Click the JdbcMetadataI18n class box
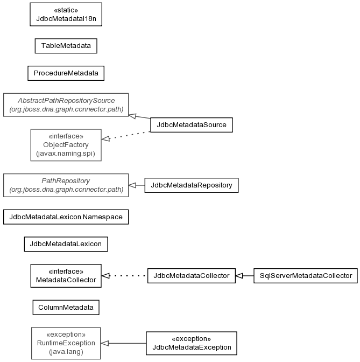(66, 15)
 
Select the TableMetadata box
(66, 46)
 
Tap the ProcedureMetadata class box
(66, 73)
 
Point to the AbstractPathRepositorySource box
(66, 105)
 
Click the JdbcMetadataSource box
(192, 125)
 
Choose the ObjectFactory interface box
(66, 145)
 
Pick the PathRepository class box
(66, 185)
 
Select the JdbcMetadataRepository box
(192, 185)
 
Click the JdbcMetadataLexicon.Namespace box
(66, 217)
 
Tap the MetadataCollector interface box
(66, 276)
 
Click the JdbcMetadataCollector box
(192, 276)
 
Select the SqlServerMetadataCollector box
(306, 276)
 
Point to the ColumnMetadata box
(66, 307)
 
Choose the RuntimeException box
(66, 343)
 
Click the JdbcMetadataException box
(192, 343)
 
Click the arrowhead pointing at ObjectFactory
(105, 138)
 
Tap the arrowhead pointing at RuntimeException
(105, 343)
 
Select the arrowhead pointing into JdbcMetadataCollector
(239, 276)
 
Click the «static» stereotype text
(66, 10)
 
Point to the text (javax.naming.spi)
(66, 154)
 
